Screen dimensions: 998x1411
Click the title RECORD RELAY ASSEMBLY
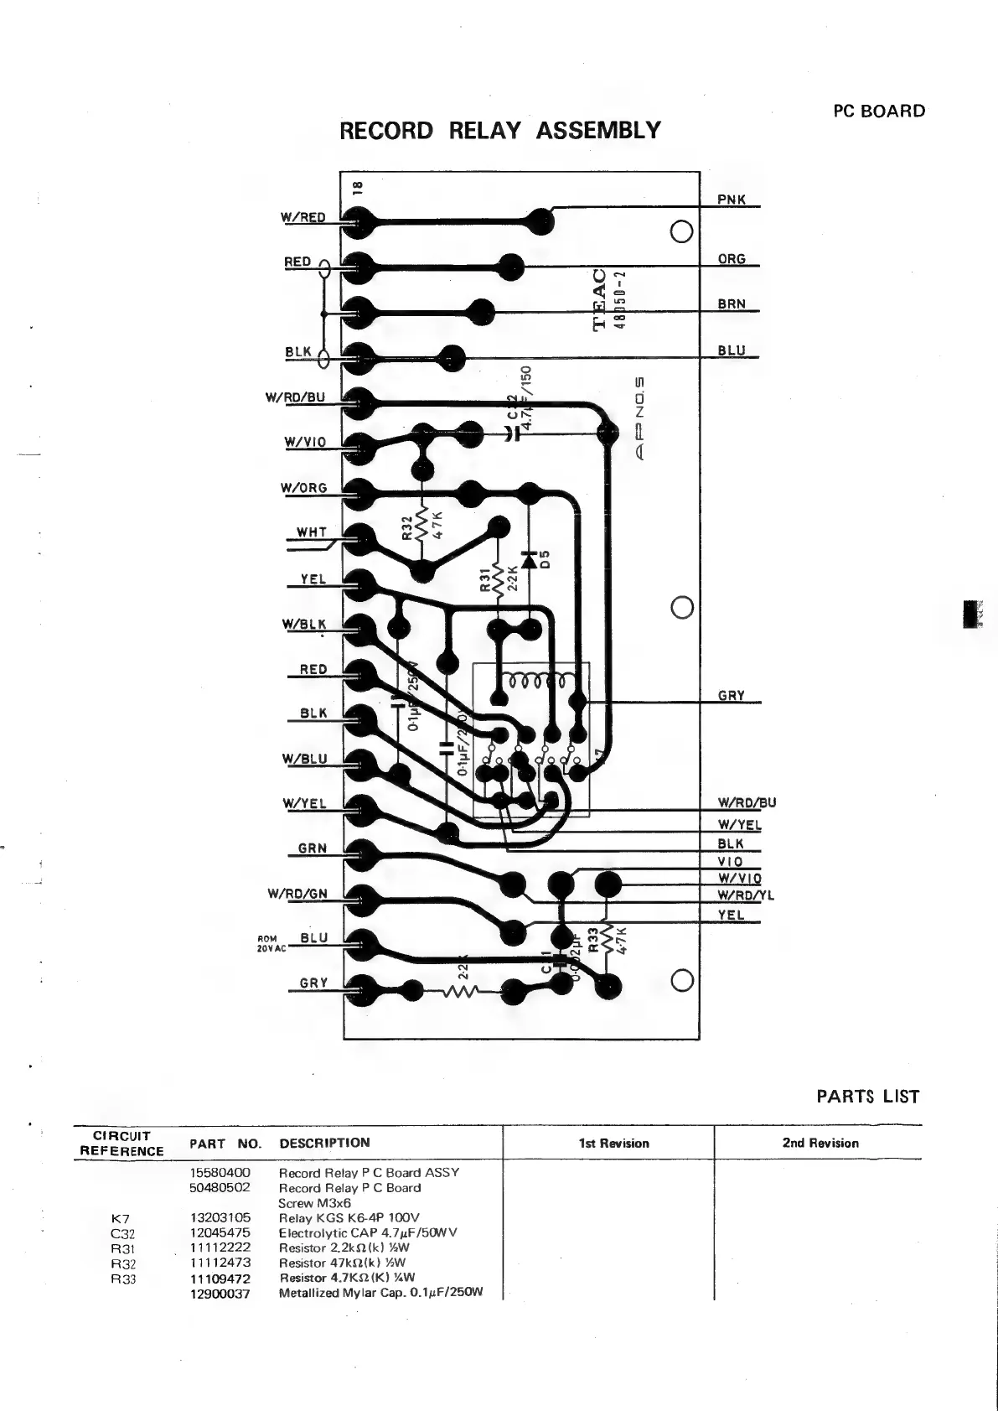click(500, 131)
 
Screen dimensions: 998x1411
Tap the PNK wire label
click(731, 200)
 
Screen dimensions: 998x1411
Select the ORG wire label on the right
click(731, 259)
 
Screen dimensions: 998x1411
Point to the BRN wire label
click(731, 304)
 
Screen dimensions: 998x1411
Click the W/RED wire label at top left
click(303, 217)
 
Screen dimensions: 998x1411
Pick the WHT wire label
click(312, 532)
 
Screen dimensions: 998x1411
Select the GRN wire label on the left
click(313, 848)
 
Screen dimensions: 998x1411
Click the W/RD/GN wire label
click(297, 894)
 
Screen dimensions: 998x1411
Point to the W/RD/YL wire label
click(746, 895)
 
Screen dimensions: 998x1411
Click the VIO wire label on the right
click(730, 862)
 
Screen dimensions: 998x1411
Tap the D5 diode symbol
click(529, 559)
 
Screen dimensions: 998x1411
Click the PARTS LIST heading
click(867, 1097)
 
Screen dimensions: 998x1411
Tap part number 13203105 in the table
click(220, 1218)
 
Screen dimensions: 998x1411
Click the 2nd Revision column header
click(820, 1143)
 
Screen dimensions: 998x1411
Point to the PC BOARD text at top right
click(879, 112)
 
